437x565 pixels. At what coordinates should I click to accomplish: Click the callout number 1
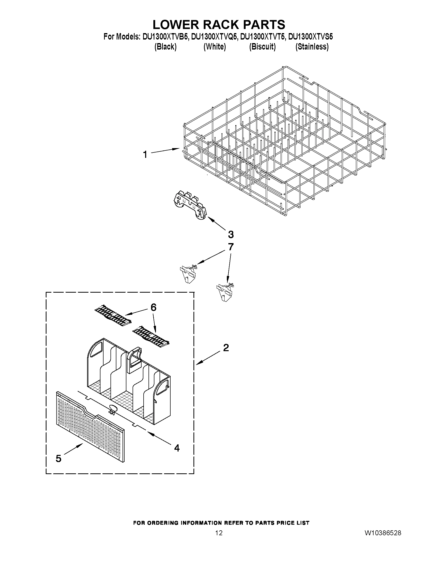pyautogui.click(x=145, y=155)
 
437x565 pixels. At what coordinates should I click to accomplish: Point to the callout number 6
pyautogui.click(x=153, y=307)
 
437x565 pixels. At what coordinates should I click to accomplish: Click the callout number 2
pyautogui.click(x=226, y=348)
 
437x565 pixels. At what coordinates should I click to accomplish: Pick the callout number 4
pyautogui.click(x=177, y=448)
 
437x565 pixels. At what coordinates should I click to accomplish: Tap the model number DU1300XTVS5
pyautogui.click(x=310, y=37)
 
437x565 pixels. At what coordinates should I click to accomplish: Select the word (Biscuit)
pyautogui.click(x=262, y=47)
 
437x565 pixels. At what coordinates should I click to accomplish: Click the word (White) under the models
pyautogui.click(x=215, y=47)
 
